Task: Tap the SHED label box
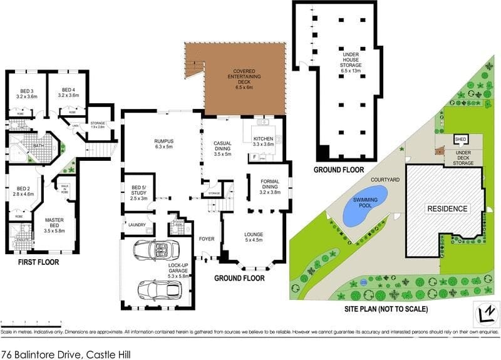coord(460,139)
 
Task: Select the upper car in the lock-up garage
coord(152,250)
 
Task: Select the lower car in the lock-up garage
coord(160,290)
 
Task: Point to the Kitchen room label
coord(263,141)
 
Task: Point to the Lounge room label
coord(254,237)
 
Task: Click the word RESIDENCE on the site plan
coord(447,208)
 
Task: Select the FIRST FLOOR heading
coord(38,262)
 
